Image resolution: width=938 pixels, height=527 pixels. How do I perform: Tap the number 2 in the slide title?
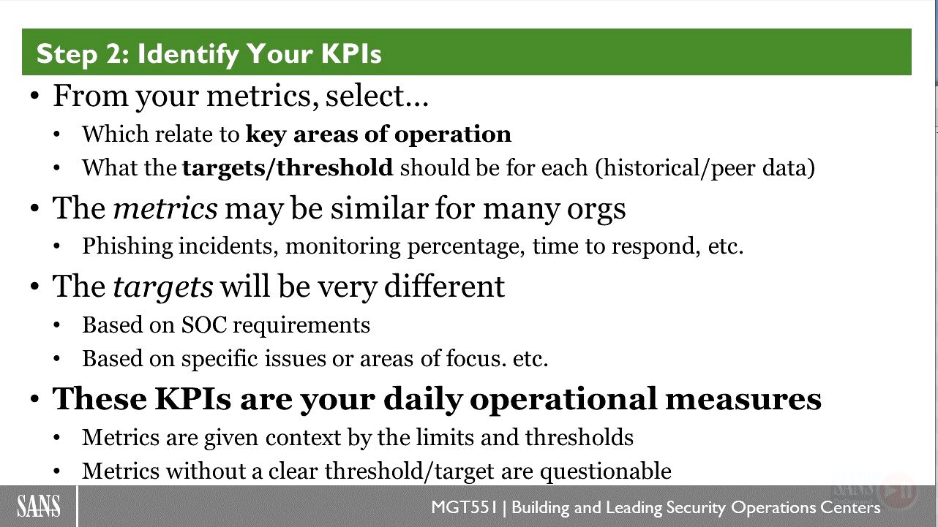pos(113,53)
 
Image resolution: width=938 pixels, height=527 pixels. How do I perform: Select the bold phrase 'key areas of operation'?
pos(378,134)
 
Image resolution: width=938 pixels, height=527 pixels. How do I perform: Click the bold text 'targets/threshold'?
pos(288,167)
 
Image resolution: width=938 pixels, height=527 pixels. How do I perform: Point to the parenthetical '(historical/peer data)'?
pos(705,167)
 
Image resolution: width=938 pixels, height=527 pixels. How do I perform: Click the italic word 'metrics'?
pos(165,208)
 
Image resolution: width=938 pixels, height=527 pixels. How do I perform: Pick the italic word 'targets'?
pos(163,288)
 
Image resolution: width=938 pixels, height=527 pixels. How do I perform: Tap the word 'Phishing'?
pos(127,246)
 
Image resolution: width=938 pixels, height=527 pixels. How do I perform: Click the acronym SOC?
pos(204,325)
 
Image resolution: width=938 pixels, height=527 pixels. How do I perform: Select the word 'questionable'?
pos(606,471)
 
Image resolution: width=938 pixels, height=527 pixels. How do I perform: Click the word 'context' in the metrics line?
pos(303,438)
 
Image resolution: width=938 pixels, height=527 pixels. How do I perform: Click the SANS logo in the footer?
pos(39,506)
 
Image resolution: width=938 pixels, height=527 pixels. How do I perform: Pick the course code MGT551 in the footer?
pos(464,507)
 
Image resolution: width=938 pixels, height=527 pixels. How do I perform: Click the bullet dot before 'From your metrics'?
pos(35,96)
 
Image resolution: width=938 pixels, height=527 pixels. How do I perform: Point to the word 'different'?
pos(444,287)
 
